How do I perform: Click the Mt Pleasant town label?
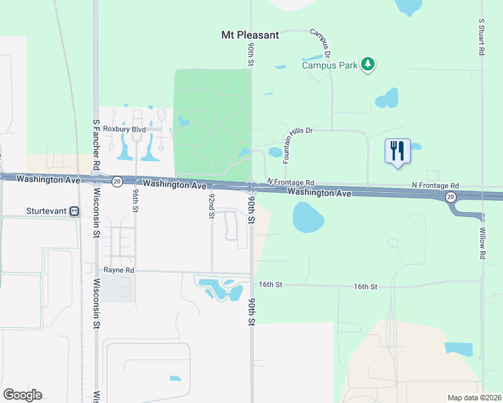point(250,35)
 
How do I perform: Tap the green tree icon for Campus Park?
point(367,64)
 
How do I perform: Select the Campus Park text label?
point(329,65)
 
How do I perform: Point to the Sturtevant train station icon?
point(74,211)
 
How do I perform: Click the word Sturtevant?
point(47,211)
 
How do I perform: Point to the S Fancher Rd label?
point(96,145)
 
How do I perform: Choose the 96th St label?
point(136,200)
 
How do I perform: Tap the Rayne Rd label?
point(119,270)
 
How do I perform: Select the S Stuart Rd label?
point(482,40)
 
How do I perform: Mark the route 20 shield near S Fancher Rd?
point(117,181)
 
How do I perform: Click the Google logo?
point(22,395)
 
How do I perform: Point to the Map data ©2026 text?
point(474,398)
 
